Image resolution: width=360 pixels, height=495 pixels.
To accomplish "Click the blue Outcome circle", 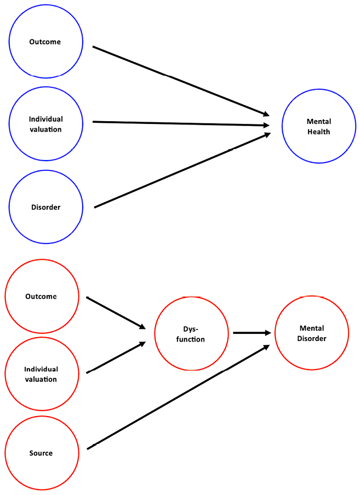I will point(45,42).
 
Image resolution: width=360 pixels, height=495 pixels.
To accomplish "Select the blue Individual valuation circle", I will point(45,123).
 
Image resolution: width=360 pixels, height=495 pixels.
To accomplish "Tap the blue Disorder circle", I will point(45,207).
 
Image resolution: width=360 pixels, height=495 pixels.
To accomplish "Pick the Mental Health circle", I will point(318,127).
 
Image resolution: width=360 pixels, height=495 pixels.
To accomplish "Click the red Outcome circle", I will point(41,297).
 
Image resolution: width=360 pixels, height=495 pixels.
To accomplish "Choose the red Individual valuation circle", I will point(41,374).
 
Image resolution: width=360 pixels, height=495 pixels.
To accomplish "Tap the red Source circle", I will point(41,453).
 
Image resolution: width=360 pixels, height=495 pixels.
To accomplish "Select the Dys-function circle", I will point(191,334).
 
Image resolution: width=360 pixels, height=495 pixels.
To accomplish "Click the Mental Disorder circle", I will point(311,333).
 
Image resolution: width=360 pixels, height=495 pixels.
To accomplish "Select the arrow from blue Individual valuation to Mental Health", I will point(181,123).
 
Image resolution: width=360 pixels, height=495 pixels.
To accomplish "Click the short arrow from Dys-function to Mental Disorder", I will point(251,333).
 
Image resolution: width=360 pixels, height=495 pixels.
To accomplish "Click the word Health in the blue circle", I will point(318,132).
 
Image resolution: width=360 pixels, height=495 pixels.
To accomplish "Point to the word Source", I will point(41,453).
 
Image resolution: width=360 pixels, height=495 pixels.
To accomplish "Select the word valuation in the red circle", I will point(41,379).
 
